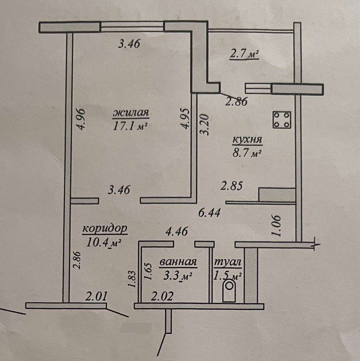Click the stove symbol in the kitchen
click(282, 120)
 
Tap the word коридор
click(105, 229)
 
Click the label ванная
click(177, 262)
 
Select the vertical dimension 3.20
click(205, 125)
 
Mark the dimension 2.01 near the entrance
click(97, 298)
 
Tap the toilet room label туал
click(228, 262)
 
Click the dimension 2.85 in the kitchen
click(232, 186)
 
